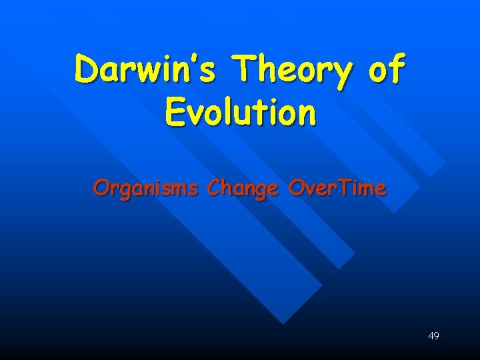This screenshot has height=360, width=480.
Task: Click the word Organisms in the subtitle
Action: pos(146,189)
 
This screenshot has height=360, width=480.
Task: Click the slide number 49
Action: pos(433,335)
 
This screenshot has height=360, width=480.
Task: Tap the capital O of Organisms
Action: pos(101,189)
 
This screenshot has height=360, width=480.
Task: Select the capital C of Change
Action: pos(215,189)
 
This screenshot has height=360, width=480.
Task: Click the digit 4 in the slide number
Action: pos(431,335)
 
